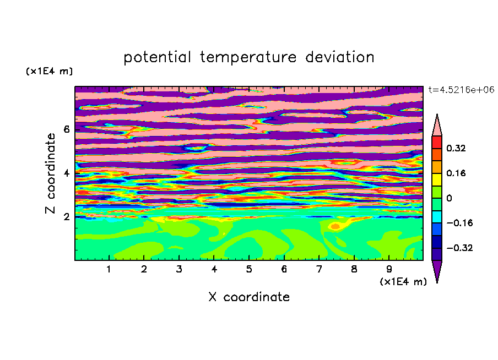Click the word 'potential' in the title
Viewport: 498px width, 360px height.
pos(157,57)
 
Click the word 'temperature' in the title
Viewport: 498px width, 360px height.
pos(248,57)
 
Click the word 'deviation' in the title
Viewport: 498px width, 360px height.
pos(339,57)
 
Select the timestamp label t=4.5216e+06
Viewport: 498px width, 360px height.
pos(461,90)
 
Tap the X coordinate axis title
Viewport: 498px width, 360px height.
pos(249,297)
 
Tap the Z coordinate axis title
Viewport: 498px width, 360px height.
pos(51,173)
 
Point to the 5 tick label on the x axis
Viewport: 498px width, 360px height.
pos(249,269)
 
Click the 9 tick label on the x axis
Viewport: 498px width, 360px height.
pos(389,269)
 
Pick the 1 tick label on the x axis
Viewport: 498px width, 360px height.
pos(109,269)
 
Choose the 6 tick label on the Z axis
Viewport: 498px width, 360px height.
pos(66,129)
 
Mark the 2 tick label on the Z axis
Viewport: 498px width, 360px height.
pos(66,217)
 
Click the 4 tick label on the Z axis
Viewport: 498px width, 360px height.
pos(66,173)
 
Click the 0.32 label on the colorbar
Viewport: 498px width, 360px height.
pos(456,148)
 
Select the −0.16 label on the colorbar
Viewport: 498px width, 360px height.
pos(459,223)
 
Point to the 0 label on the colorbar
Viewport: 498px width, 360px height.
pos(449,198)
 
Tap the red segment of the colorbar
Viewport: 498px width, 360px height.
pos(437,142)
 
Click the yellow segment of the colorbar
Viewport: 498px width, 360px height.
pos(437,179)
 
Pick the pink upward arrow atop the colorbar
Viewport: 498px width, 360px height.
pos(437,126)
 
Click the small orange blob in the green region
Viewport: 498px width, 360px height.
pos(335,226)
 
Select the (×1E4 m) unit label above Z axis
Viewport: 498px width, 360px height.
pos(49,71)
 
